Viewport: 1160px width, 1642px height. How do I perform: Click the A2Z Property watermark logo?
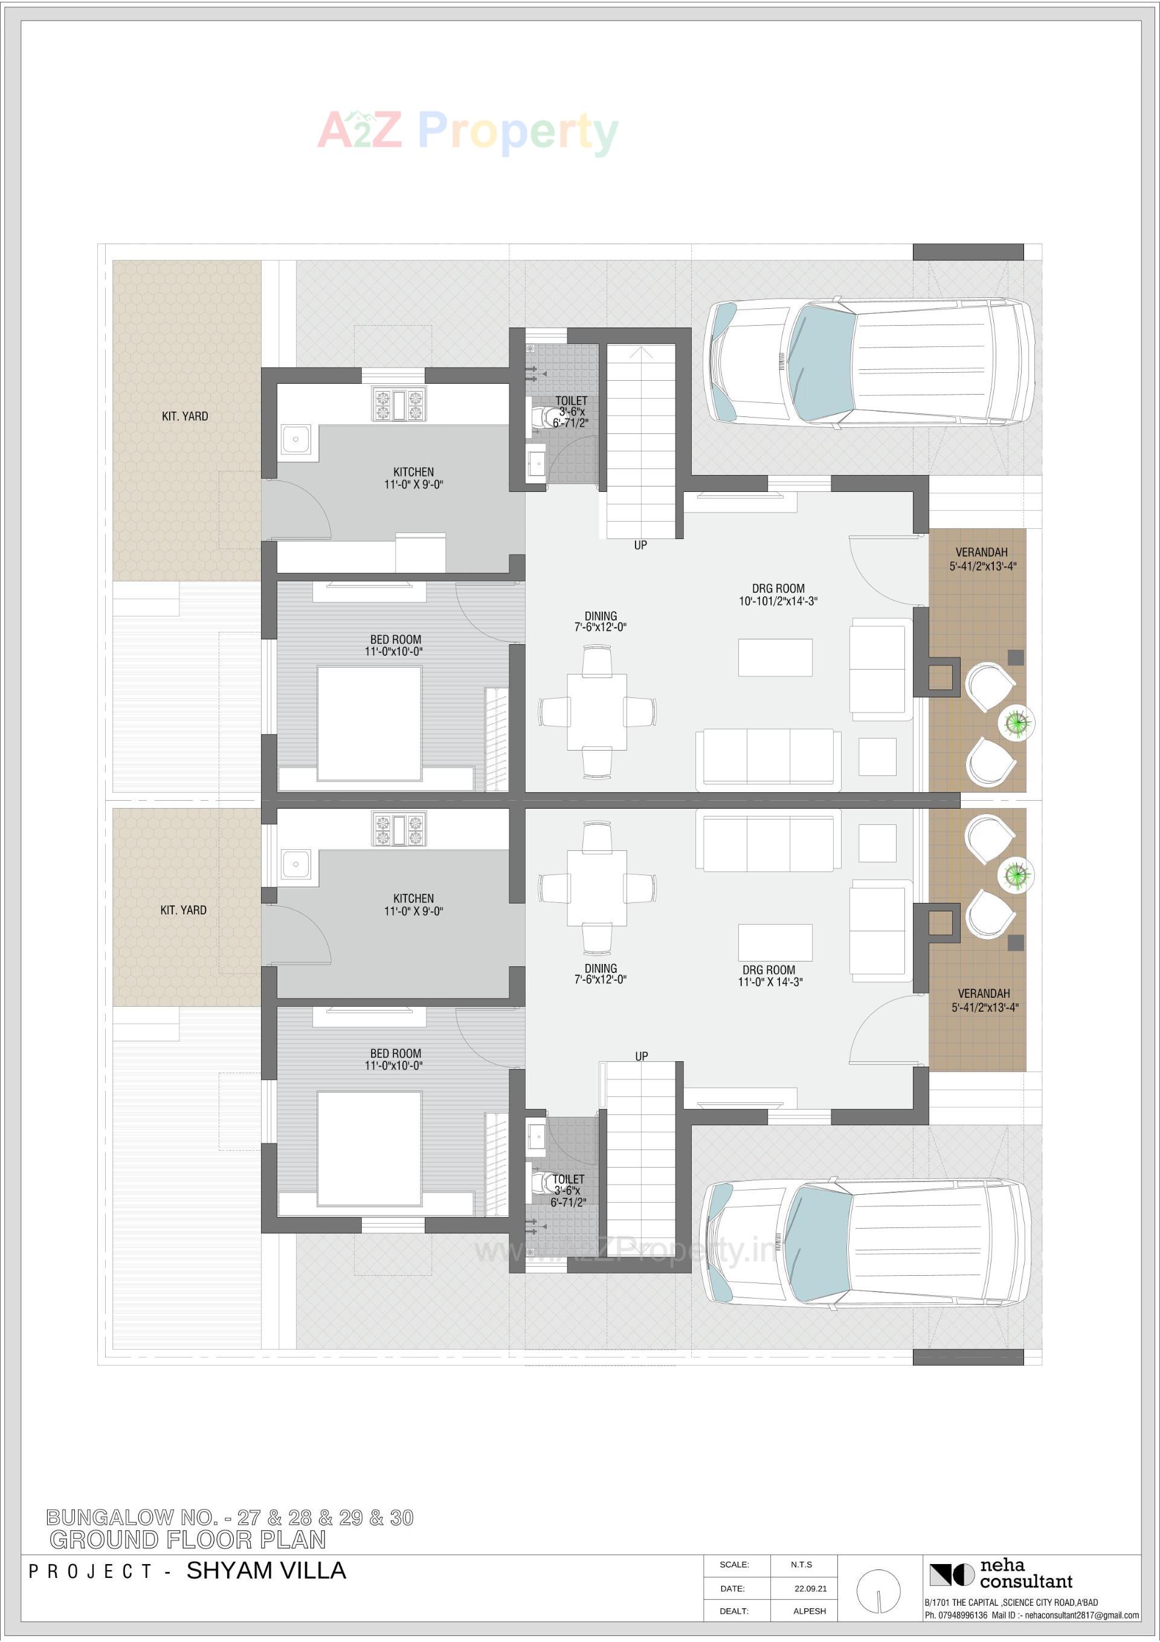468,132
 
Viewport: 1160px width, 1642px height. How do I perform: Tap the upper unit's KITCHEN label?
413,472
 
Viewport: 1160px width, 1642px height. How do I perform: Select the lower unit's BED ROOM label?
396,1053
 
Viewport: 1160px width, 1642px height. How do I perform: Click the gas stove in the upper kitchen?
398,404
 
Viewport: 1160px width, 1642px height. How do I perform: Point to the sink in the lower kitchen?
295,864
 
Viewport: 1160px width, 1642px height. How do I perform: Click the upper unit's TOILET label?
571,401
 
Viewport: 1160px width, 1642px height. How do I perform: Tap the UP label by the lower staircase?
642,1056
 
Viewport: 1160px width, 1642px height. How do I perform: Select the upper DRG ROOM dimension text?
778,601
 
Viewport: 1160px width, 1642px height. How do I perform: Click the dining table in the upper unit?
597,711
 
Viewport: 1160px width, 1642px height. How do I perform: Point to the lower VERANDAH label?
984,994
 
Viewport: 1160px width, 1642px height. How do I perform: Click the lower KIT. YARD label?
184,910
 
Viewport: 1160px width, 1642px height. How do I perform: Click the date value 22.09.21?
810,1588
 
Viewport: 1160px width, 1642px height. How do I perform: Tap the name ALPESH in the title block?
810,1611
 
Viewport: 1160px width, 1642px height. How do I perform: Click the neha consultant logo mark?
951,1575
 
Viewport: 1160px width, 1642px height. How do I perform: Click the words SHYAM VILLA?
266,1571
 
